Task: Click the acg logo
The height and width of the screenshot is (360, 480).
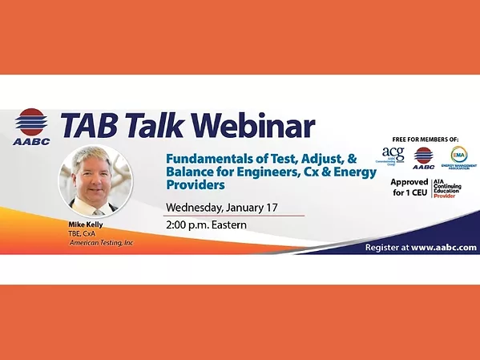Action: click(393, 155)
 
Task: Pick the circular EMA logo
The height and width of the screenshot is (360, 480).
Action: click(458, 156)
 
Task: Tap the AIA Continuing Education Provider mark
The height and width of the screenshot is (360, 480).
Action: click(454, 189)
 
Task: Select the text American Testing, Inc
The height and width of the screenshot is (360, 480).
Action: click(100, 241)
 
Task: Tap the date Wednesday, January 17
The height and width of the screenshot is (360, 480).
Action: click(222, 207)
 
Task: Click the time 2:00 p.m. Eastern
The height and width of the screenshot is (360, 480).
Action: click(206, 224)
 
